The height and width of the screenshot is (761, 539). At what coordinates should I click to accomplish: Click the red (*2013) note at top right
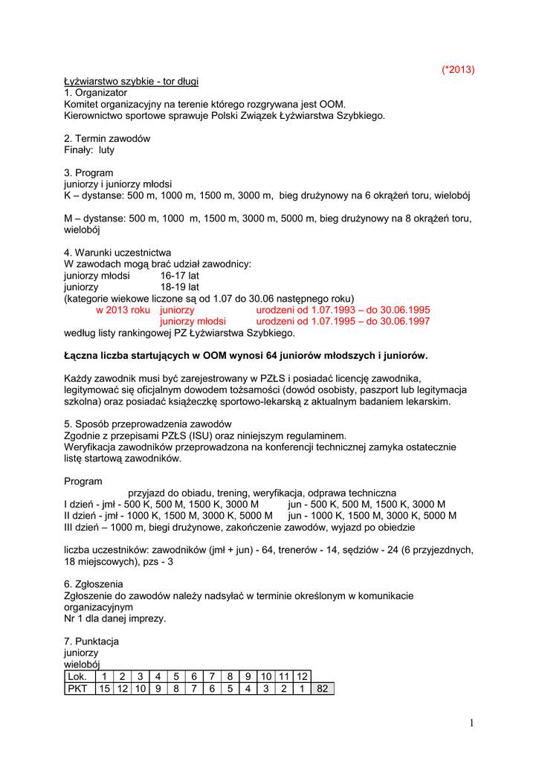(457, 70)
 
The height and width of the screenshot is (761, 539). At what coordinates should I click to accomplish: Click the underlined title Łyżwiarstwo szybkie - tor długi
(131, 81)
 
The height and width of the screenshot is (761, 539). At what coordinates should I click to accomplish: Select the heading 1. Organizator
(96, 93)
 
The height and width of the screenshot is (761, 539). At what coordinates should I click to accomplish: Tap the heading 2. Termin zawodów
(107, 139)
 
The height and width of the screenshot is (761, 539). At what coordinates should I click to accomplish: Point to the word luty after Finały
(106, 150)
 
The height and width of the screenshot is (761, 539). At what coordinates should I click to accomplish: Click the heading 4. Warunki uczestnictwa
(117, 253)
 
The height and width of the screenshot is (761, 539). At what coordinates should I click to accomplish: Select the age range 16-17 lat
(179, 276)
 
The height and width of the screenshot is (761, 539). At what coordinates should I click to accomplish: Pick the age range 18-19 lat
(179, 287)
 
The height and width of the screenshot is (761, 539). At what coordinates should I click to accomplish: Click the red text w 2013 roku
(123, 310)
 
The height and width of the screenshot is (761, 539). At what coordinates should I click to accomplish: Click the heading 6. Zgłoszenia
(94, 584)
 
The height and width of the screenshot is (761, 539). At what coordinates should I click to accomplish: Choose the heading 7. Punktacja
(91, 641)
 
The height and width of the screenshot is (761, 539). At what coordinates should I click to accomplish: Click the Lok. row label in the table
(77, 676)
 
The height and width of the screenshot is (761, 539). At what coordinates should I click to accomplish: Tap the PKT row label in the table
(77, 688)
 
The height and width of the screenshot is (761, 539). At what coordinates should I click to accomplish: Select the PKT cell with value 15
(105, 688)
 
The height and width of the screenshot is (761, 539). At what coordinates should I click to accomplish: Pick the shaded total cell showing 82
(323, 688)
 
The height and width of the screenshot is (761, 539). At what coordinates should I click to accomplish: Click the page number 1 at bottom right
(471, 724)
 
